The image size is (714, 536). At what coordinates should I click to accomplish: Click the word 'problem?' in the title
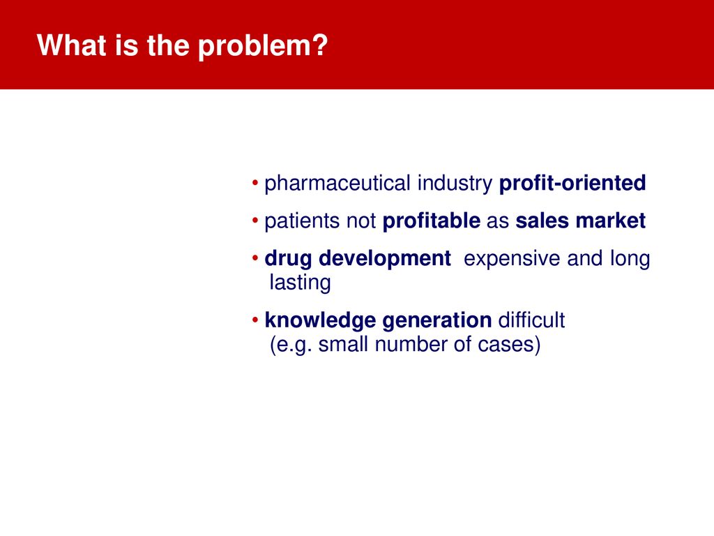263,47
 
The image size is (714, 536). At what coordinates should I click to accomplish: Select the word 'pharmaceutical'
337,184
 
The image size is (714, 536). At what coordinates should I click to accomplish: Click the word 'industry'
455,184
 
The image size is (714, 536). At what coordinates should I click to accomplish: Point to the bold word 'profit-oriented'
572,184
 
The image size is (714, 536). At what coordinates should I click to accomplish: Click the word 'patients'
302,221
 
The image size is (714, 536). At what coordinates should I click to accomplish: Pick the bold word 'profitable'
431,221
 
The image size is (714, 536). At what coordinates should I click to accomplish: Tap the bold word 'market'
611,221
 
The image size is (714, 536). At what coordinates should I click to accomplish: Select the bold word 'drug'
288,259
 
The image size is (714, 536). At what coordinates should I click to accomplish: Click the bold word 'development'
385,259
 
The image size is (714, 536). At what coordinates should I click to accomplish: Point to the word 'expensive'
512,259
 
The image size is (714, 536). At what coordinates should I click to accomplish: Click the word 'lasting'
300,283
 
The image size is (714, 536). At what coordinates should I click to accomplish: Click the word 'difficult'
531,320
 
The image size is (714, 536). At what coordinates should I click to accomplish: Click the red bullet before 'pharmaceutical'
255,184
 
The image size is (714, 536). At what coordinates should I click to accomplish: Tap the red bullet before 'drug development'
255,258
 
